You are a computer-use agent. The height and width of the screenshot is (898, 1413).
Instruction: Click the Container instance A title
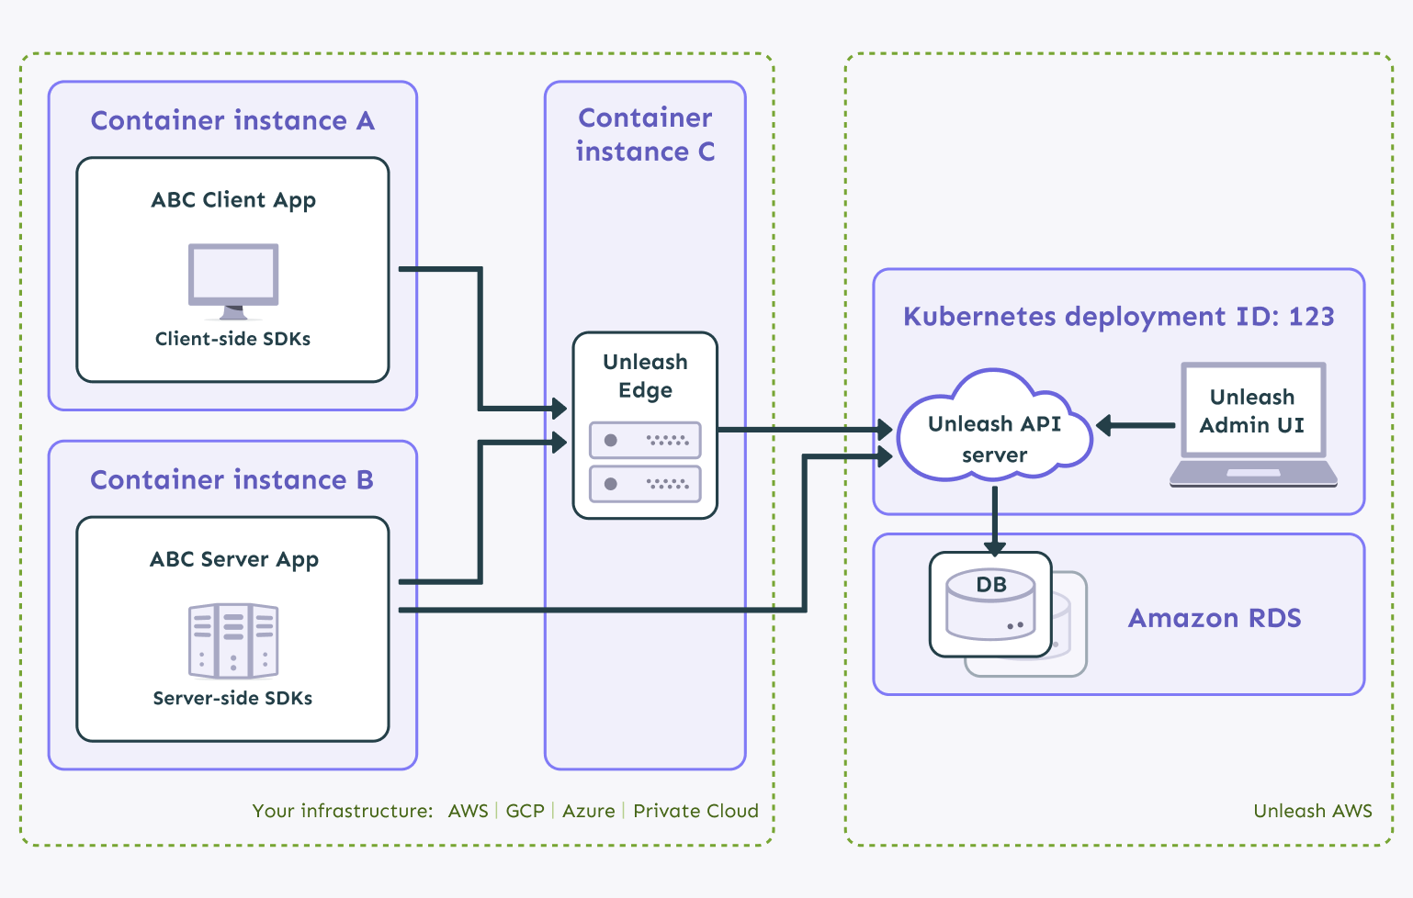(232, 121)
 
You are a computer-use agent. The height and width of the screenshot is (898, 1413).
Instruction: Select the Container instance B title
(232, 480)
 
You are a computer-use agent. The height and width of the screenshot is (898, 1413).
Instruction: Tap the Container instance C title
(645, 134)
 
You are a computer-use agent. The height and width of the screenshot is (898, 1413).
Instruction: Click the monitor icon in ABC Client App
(233, 279)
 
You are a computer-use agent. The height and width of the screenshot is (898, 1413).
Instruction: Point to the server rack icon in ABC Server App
(233, 640)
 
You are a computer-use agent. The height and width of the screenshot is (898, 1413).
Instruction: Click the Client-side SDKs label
(232, 339)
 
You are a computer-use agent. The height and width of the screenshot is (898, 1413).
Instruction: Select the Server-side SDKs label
(232, 698)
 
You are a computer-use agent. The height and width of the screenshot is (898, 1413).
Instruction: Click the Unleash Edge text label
(645, 376)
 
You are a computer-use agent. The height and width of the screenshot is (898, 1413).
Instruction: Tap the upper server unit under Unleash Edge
(645, 440)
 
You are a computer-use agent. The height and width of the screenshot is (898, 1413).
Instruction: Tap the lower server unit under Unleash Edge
(645, 483)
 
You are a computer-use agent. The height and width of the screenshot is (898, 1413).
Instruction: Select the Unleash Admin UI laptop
(1252, 423)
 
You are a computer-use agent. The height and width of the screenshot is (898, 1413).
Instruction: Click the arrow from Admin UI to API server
(1136, 425)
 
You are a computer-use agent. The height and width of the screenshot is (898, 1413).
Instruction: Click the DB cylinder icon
(991, 605)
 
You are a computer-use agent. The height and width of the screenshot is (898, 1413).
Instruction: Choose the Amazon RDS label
(1215, 618)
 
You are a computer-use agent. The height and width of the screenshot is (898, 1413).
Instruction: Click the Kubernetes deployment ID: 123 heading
(1118, 317)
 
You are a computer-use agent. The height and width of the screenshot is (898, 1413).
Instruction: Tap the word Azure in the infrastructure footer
(589, 811)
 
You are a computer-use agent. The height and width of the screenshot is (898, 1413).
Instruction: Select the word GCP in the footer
(525, 811)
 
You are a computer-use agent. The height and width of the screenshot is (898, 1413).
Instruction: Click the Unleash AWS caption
(1312, 811)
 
